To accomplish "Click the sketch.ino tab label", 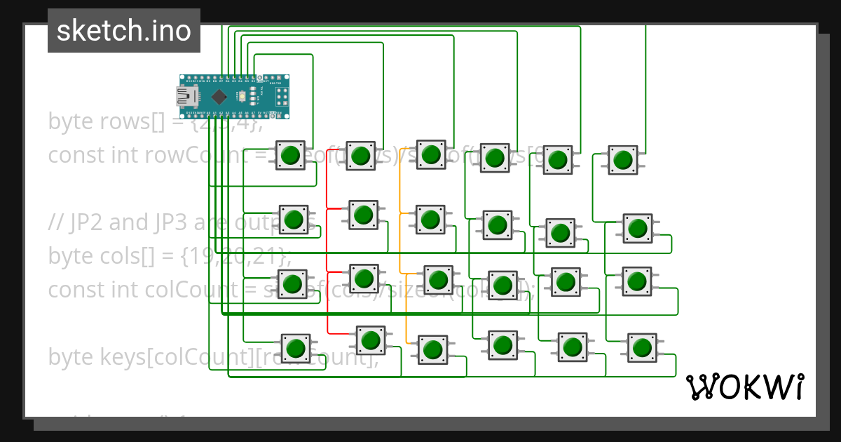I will pyautogui.click(x=124, y=31).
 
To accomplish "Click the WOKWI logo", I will pyautogui.click(x=744, y=387).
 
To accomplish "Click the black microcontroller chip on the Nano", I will pyautogui.click(x=219, y=96).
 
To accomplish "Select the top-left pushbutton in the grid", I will pyautogui.click(x=291, y=155).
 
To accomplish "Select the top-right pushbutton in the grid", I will pyautogui.click(x=622, y=160).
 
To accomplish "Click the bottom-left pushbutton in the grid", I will pyautogui.click(x=296, y=348).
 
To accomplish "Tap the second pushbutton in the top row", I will pyautogui.click(x=360, y=156).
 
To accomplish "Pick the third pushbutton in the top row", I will pyautogui.click(x=431, y=154).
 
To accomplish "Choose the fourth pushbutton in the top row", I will pyautogui.click(x=494, y=158).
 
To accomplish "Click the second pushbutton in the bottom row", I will pyautogui.click(x=371, y=340).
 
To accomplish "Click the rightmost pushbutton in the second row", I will pyautogui.click(x=637, y=228).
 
